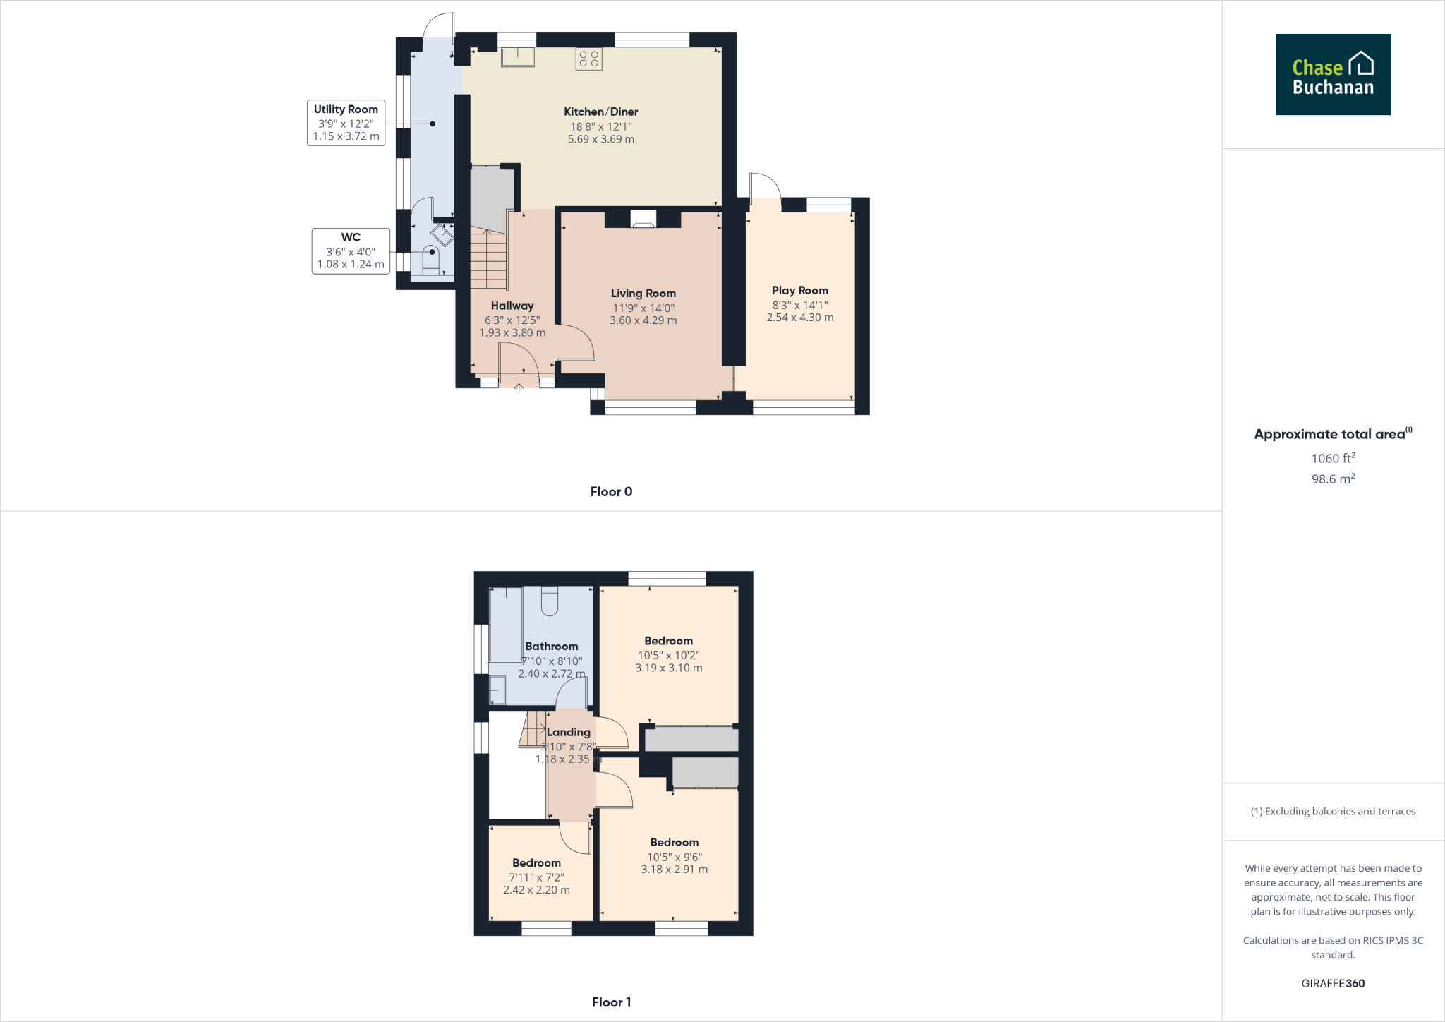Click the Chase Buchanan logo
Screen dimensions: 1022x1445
click(1333, 75)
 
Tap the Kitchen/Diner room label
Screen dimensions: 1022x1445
click(600, 112)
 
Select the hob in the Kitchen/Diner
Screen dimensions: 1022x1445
click(589, 59)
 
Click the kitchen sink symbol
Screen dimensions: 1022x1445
click(518, 57)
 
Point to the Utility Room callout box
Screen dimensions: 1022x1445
click(346, 123)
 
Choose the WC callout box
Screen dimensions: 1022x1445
click(351, 251)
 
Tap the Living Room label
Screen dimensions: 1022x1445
click(643, 294)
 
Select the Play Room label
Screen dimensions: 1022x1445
click(799, 291)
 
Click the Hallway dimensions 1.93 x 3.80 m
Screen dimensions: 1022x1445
click(512, 332)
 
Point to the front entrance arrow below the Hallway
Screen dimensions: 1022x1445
click(519, 387)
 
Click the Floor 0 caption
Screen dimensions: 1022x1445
click(611, 492)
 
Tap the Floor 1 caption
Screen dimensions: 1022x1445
click(611, 1002)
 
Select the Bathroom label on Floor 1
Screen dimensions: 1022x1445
click(551, 647)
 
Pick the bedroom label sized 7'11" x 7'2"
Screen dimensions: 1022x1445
click(536, 863)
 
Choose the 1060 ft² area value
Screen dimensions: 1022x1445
click(1333, 458)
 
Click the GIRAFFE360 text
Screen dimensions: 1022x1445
click(1333, 983)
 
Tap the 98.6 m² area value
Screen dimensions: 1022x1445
click(1333, 479)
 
